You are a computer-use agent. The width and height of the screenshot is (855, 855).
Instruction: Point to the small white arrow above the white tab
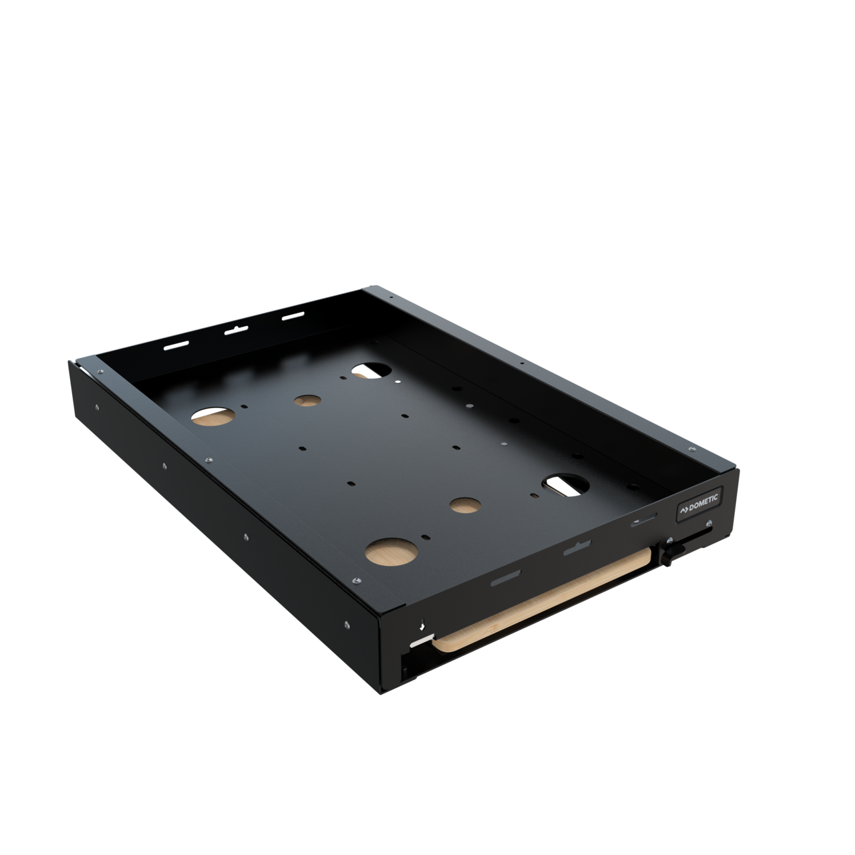click(x=422, y=627)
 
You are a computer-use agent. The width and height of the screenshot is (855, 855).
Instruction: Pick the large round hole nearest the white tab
click(x=391, y=551)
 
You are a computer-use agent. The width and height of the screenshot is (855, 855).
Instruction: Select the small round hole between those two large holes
click(x=466, y=505)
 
